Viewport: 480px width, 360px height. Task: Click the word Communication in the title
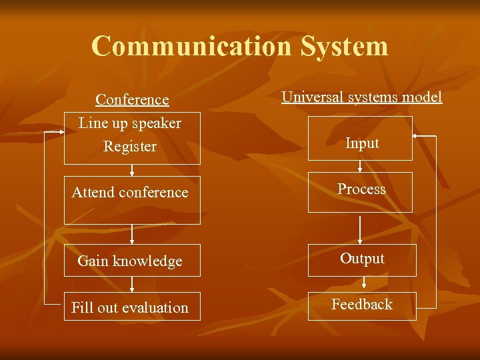pyautogui.click(x=192, y=47)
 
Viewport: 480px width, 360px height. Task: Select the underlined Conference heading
pyautogui.click(x=132, y=100)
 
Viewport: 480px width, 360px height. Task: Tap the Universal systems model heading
pyautogui.click(x=361, y=97)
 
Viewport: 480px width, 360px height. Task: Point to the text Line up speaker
pyautogui.click(x=130, y=123)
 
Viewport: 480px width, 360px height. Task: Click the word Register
pyautogui.click(x=130, y=147)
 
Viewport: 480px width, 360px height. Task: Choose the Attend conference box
pyautogui.click(x=132, y=199)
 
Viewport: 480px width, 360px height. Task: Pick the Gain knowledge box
pyautogui.click(x=132, y=261)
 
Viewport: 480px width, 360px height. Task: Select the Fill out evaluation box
pyautogui.click(x=132, y=307)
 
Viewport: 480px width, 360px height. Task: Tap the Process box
pyautogui.click(x=360, y=192)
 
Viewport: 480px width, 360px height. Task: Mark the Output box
pyautogui.click(x=362, y=259)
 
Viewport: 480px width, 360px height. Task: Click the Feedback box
pyautogui.click(x=362, y=305)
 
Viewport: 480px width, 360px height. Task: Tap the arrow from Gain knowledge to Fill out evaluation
pyautogui.click(x=132, y=285)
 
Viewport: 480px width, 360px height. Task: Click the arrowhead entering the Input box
pyautogui.click(x=416, y=137)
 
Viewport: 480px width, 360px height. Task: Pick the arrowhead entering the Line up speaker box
pyautogui.click(x=60, y=132)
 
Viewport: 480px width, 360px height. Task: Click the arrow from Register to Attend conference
pyautogui.click(x=132, y=170)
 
